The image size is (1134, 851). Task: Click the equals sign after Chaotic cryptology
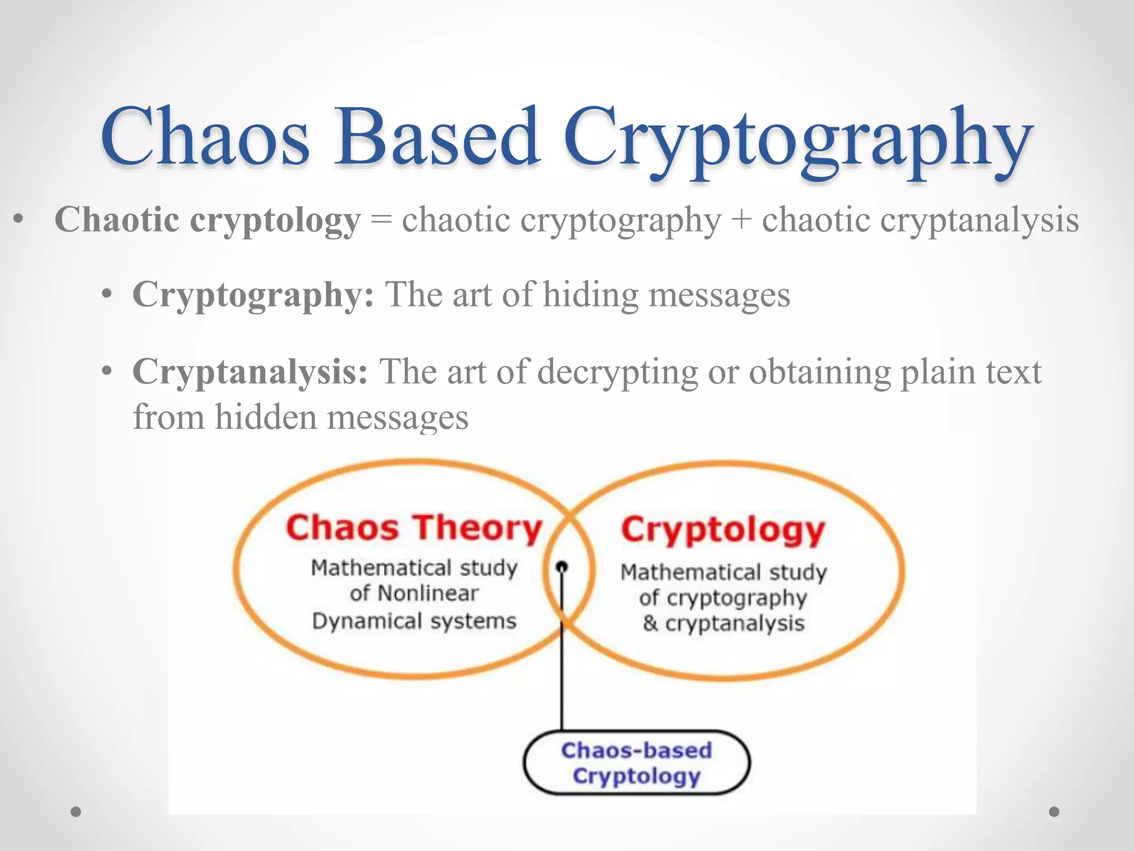click(381, 221)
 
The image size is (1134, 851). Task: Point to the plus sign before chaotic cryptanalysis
click(741, 221)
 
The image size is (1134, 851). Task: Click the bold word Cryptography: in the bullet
click(253, 295)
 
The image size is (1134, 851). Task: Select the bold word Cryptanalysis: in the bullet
click(250, 371)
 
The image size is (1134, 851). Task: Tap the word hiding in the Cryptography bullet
click(590, 295)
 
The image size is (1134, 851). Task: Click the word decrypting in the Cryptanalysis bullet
click(617, 372)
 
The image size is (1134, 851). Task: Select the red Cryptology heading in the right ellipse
click(723, 530)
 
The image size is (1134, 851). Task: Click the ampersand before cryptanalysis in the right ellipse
click(650, 623)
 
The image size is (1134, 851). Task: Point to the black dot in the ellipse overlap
click(562, 567)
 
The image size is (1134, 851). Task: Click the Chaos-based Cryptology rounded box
click(636, 763)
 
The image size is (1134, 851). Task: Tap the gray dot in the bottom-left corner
click(76, 812)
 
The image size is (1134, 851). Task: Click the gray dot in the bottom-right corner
click(1054, 812)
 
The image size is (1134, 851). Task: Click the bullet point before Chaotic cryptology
click(19, 220)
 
